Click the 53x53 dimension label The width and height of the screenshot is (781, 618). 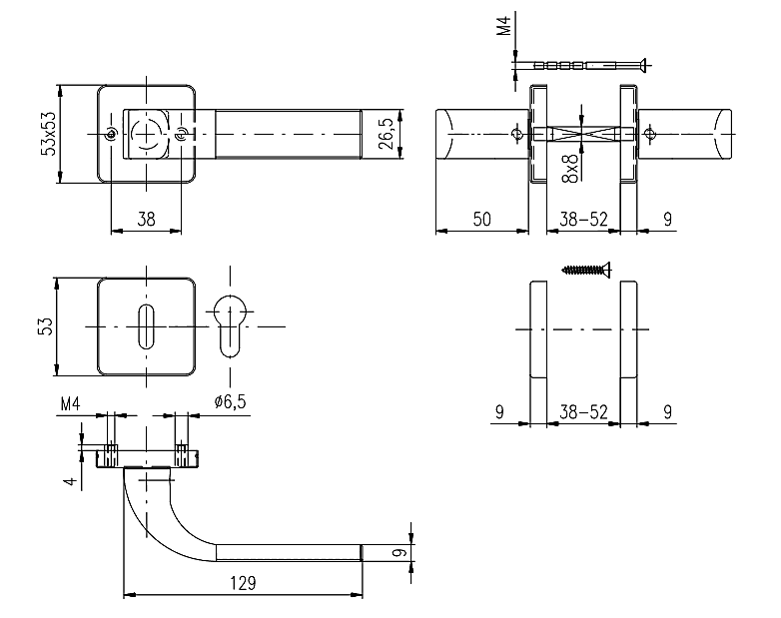47,134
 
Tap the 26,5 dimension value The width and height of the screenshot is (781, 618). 388,134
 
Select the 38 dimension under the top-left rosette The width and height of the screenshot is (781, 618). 147,220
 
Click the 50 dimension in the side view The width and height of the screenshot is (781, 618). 481,220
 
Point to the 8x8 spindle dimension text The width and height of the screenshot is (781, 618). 570,168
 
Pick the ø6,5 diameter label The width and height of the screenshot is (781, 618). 230,401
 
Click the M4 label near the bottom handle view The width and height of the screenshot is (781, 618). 70,404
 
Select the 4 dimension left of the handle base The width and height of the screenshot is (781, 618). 70,480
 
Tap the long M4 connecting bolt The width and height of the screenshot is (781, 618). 584,66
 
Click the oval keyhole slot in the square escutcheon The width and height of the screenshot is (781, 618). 147,326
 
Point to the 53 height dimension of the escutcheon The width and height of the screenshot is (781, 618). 45,326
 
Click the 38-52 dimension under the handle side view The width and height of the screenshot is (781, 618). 584,220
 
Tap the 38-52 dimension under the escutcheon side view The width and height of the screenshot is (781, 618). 584,410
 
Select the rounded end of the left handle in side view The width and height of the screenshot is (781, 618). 447,134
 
